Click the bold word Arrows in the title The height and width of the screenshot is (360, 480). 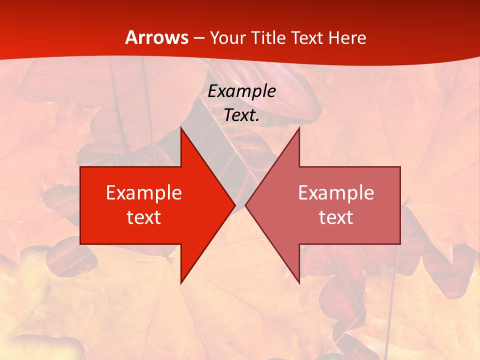(x=157, y=37)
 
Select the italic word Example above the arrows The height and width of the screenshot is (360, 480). (x=242, y=91)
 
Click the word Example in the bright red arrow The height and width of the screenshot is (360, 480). (x=144, y=192)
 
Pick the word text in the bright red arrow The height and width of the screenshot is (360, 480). (x=144, y=217)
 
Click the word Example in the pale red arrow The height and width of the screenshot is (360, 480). (x=336, y=192)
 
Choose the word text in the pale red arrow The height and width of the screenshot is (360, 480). (x=336, y=217)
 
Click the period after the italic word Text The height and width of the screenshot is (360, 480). (x=258, y=120)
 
